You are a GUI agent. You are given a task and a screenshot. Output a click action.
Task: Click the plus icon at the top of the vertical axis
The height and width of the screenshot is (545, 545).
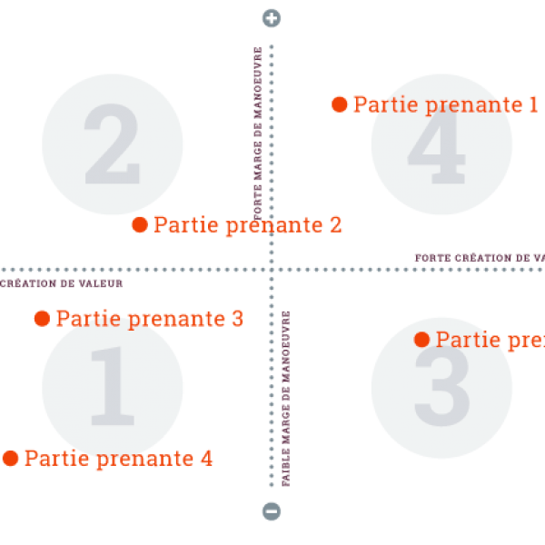pos(272,18)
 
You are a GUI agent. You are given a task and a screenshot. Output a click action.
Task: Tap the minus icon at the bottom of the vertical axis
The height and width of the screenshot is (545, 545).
pos(272,510)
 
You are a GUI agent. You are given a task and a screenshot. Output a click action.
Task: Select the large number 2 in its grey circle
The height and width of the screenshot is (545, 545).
pos(112,144)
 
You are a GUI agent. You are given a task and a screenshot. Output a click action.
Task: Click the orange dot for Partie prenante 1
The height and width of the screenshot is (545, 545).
pos(340,104)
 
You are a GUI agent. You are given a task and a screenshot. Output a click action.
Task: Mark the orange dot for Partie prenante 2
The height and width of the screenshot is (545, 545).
pos(140,224)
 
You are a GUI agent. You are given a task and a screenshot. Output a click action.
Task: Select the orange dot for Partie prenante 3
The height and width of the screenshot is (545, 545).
pos(42,319)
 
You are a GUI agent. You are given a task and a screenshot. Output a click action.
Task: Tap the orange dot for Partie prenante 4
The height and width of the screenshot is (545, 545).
pos(11,459)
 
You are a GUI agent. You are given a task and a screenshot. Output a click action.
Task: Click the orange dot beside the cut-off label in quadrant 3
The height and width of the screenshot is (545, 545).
pos(421,340)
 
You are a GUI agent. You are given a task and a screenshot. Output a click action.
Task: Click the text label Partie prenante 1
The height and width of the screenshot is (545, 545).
pos(445,104)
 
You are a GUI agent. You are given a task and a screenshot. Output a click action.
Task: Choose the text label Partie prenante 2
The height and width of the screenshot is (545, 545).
pos(247,224)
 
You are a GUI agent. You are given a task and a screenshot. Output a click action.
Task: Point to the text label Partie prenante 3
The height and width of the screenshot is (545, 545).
pos(149,319)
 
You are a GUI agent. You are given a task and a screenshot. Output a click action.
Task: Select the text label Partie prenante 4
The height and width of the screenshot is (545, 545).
pos(118,459)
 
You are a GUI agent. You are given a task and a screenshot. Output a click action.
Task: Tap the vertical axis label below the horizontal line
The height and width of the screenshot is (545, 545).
pos(285,400)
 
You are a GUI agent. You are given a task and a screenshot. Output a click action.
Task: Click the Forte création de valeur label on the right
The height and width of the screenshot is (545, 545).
pos(479,258)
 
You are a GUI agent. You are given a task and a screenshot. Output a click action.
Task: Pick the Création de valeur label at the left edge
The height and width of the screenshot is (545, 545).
pos(60,283)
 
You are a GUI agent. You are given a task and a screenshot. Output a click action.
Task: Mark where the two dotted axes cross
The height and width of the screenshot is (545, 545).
pos(272,270)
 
